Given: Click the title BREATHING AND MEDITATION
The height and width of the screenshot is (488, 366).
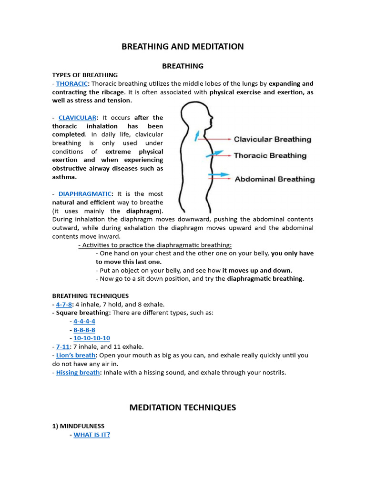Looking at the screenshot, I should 183,46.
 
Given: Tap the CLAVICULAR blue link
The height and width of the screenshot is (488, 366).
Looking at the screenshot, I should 78,117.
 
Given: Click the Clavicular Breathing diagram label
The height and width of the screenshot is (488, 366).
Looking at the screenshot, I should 272,139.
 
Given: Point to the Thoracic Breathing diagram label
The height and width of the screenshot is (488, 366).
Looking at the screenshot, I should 270,155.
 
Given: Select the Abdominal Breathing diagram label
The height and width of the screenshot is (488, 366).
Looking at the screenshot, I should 274,179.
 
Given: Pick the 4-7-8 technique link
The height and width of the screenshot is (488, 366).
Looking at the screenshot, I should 64,304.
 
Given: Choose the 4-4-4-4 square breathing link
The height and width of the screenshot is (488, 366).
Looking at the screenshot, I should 84,321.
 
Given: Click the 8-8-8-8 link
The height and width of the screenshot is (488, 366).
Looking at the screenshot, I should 84,330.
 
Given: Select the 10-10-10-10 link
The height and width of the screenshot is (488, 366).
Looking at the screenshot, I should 91,338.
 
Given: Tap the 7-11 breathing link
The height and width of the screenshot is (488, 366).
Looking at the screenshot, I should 62,346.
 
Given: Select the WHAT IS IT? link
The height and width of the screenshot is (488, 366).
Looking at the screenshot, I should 91,435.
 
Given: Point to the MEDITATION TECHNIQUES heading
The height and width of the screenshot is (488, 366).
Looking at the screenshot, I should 183,407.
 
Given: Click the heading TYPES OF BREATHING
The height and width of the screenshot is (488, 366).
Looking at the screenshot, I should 85,75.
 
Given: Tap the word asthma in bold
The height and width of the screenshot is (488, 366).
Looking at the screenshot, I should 64,177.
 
